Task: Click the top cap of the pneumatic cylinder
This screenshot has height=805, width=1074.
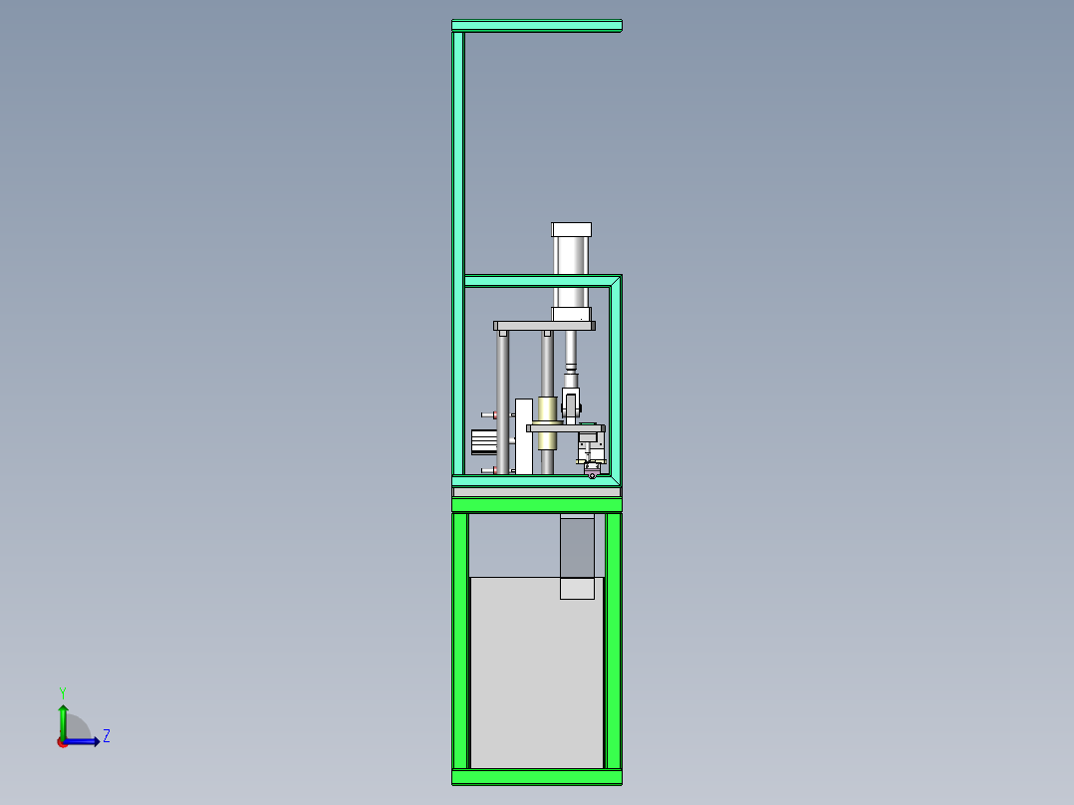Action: [x=572, y=229]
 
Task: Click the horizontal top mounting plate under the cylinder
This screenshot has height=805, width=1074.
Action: [x=544, y=326]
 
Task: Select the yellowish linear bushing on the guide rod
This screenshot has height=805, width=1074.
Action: [x=546, y=409]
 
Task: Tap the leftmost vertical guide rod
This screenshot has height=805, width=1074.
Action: [x=503, y=399]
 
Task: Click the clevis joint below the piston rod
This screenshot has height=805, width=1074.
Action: [x=571, y=403]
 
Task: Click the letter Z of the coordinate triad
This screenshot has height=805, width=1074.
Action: [x=106, y=736]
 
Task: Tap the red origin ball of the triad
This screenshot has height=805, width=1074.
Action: [x=63, y=742]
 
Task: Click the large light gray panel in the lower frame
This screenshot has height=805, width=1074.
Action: [x=536, y=677]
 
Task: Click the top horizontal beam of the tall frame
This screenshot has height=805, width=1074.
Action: [x=536, y=26]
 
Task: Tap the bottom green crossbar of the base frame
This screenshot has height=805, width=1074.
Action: [x=536, y=776]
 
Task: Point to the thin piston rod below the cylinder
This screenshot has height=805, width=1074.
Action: [x=571, y=349]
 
